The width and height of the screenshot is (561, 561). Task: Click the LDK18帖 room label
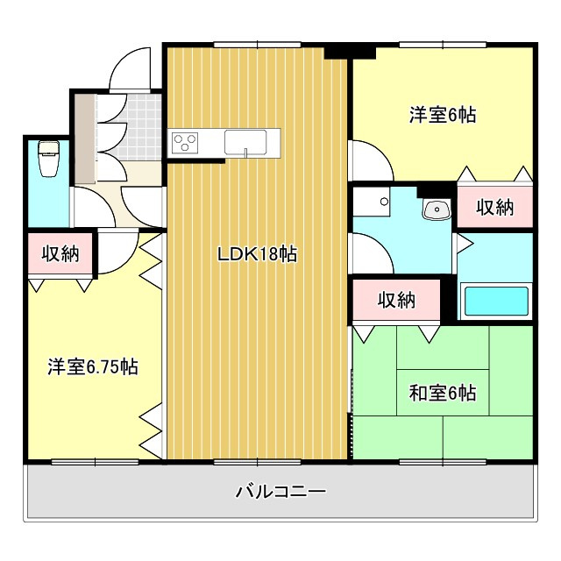(x=257, y=254)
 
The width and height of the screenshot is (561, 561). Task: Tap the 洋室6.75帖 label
(x=93, y=366)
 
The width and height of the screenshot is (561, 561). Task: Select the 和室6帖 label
(x=443, y=393)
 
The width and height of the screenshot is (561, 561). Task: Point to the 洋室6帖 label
(x=443, y=115)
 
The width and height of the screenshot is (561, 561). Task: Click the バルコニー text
(x=280, y=491)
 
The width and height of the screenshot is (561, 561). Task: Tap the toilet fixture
(x=49, y=159)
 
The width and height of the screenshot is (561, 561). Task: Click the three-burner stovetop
(x=185, y=142)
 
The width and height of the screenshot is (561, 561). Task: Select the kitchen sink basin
(x=245, y=143)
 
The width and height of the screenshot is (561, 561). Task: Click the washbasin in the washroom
(x=437, y=209)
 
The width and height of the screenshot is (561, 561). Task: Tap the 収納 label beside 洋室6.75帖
(x=60, y=253)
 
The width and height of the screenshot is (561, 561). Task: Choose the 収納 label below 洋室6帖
(x=494, y=207)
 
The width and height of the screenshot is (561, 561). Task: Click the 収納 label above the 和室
(x=396, y=300)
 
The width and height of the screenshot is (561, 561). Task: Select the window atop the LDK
(x=257, y=45)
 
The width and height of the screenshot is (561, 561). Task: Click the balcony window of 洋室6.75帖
(x=95, y=462)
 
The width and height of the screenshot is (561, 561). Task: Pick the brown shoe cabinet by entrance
(x=85, y=138)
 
